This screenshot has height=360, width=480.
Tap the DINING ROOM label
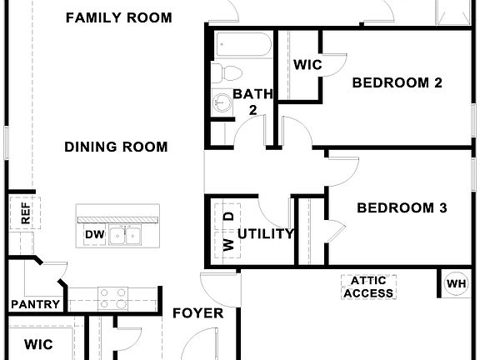(x=116, y=147)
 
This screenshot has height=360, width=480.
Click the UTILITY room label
(x=266, y=234)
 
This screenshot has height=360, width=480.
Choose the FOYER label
(x=197, y=313)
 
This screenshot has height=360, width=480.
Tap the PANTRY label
(x=32, y=304)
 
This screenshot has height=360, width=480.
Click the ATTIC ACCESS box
(x=367, y=287)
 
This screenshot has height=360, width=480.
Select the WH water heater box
(x=456, y=283)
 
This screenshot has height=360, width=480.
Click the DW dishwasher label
(x=94, y=236)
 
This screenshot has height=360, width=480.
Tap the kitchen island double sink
(x=127, y=236)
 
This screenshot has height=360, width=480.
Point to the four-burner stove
(x=113, y=297)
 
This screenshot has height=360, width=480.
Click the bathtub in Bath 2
(x=242, y=45)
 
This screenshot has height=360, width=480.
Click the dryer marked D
(x=227, y=217)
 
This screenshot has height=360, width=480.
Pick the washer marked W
(x=227, y=245)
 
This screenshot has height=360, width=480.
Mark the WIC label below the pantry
(x=37, y=343)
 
